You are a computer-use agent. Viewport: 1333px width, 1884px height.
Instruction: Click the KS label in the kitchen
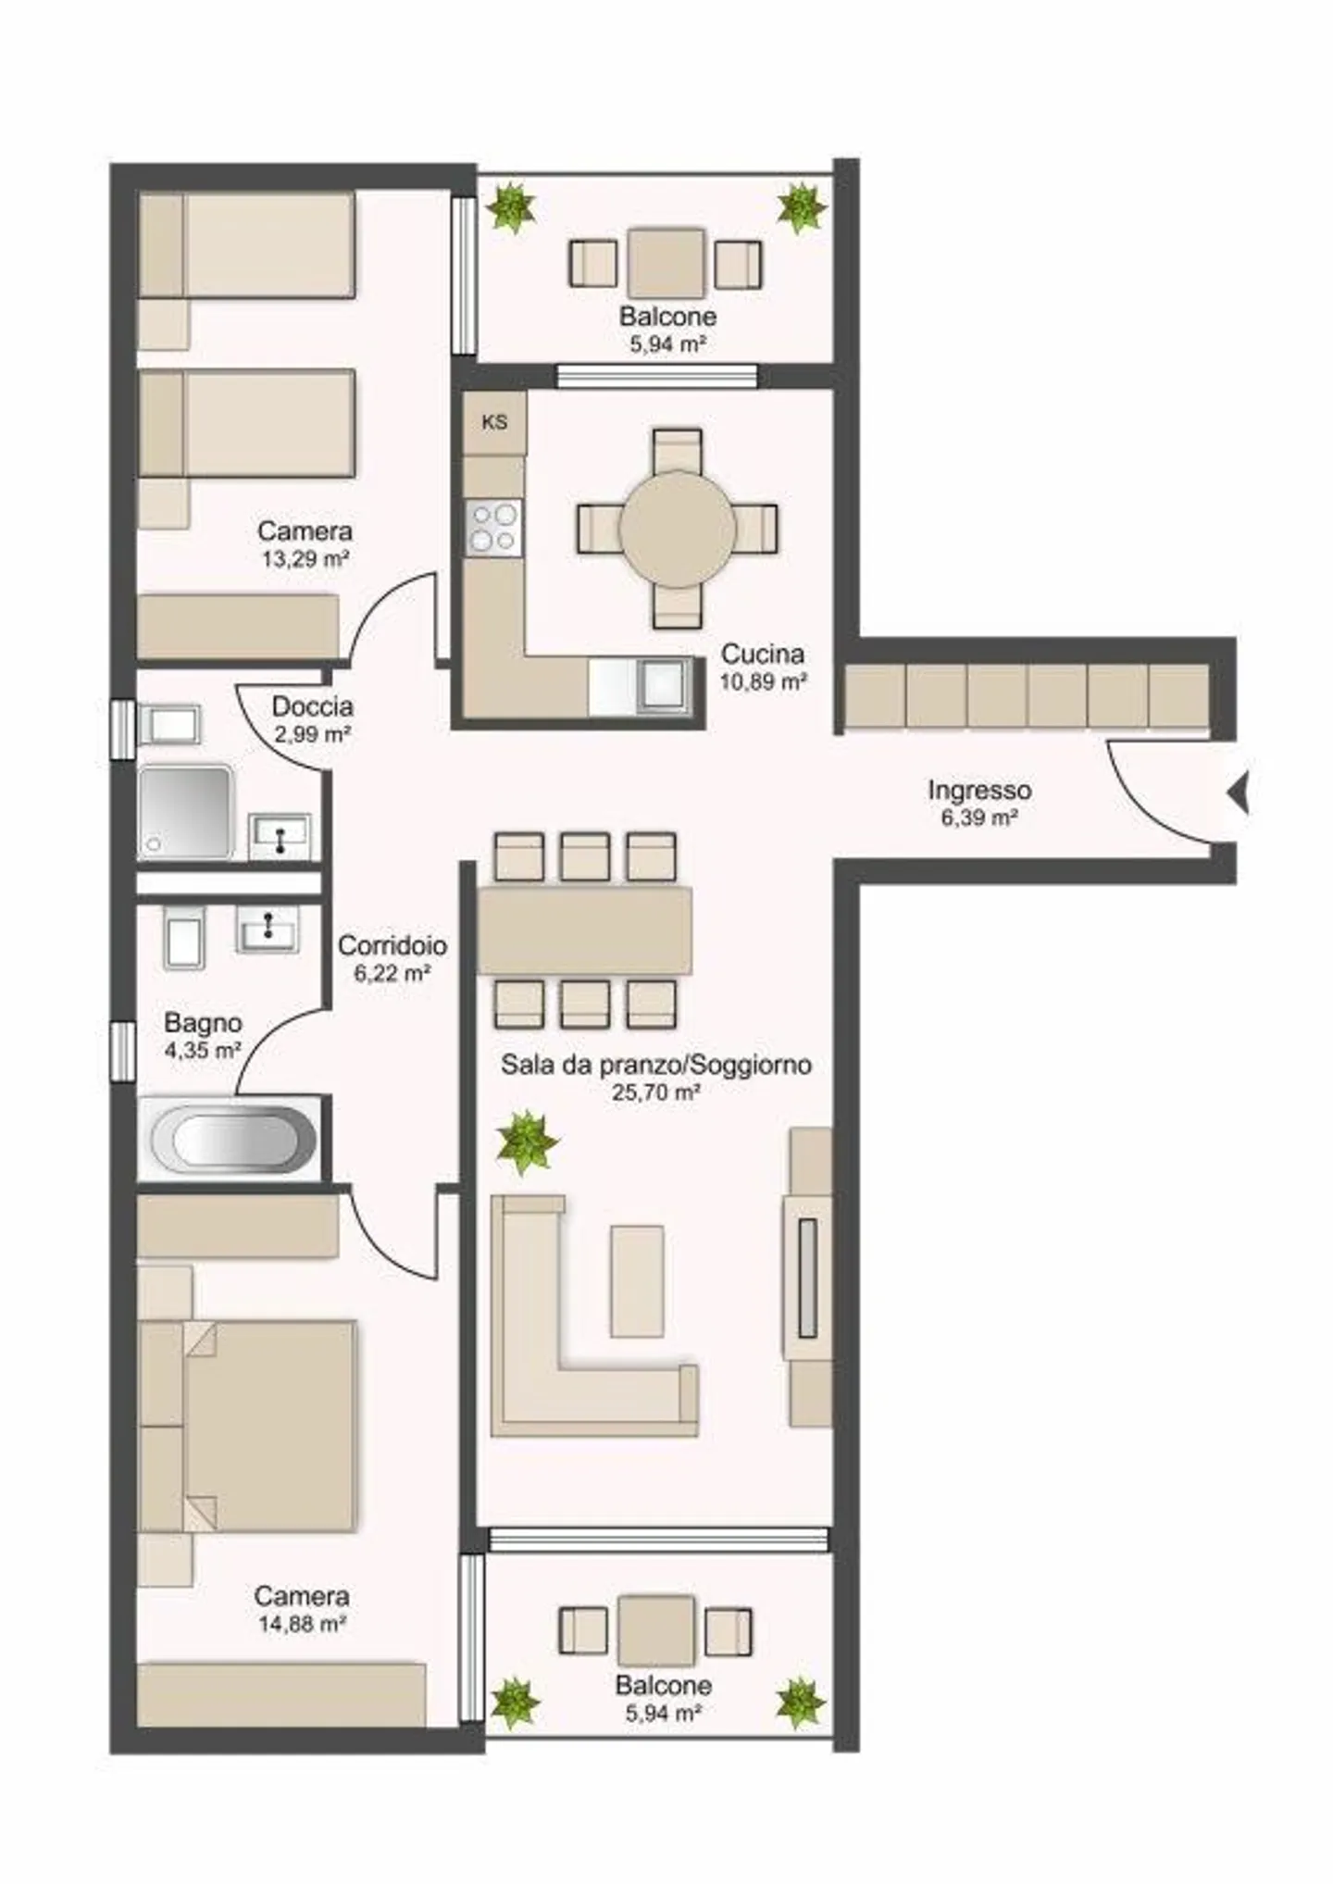(495, 422)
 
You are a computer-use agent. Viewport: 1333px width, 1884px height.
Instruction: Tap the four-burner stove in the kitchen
(493, 528)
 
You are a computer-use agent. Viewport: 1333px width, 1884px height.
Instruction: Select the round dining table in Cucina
(678, 529)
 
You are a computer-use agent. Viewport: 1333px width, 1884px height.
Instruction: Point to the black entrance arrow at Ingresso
(1239, 793)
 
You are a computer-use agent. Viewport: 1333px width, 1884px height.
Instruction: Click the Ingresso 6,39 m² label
(979, 804)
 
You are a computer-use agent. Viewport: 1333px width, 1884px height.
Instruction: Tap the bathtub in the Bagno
(233, 1138)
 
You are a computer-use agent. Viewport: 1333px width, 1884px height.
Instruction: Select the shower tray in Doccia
(185, 811)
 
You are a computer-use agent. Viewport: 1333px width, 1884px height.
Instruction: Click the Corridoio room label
(392, 945)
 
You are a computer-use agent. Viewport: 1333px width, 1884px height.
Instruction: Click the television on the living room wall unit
(807, 1278)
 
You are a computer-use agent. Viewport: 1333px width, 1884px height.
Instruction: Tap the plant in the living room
(526, 1142)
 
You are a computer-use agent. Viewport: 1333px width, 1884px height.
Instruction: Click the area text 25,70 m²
(655, 1092)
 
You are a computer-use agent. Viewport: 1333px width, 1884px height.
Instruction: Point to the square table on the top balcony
(666, 263)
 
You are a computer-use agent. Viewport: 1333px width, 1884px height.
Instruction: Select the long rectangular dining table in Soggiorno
(584, 930)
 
